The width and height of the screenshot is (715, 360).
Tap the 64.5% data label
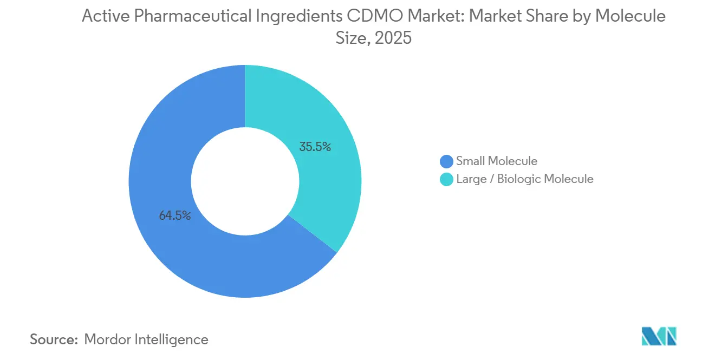175,215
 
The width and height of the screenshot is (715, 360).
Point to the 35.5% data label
315,147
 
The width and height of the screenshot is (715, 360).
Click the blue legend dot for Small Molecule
446,161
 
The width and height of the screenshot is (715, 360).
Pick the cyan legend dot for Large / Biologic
446,179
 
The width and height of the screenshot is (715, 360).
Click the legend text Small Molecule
496,161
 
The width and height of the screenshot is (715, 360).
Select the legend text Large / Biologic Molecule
524,179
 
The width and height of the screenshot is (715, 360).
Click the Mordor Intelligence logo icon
659,336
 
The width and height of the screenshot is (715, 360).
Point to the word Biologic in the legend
517,179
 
